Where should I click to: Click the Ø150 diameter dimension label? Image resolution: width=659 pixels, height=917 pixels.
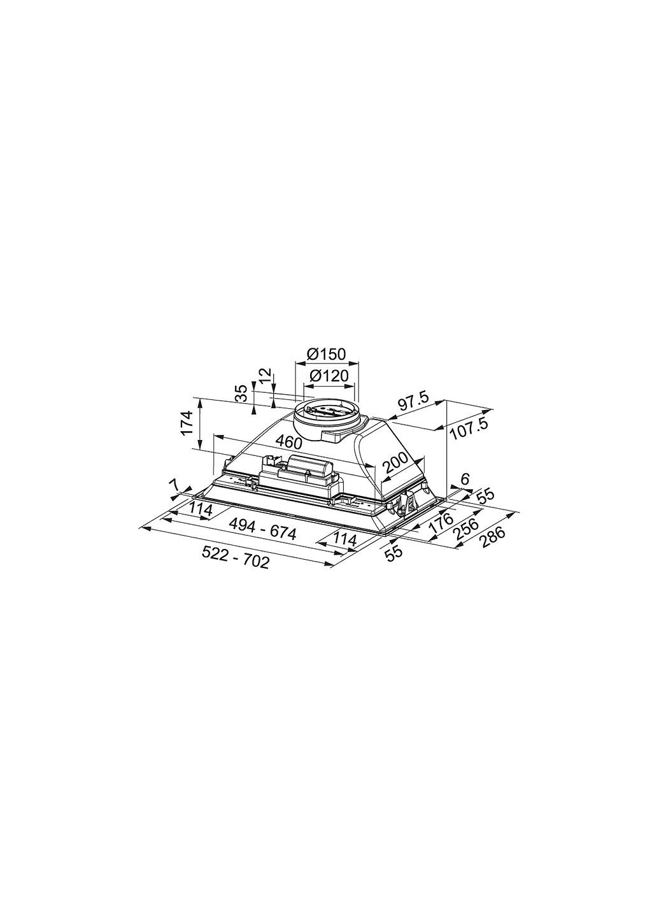(x=326, y=354)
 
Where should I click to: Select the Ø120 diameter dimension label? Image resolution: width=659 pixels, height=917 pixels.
(x=329, y=376)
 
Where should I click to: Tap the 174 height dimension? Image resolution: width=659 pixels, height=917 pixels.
(x=187, y=423)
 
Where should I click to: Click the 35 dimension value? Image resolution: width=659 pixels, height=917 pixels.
(x=241, y=394)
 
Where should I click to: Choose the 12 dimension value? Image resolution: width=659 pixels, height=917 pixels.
(x=266, y=376)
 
